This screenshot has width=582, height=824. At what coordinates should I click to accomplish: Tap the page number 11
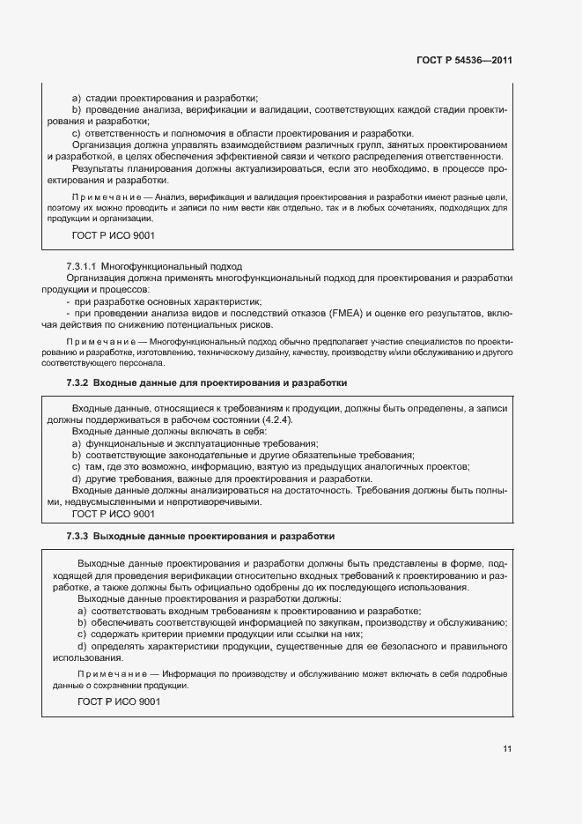507,749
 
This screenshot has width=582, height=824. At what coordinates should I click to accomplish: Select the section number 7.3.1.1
82,265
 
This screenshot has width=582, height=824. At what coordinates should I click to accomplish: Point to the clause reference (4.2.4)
262,421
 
